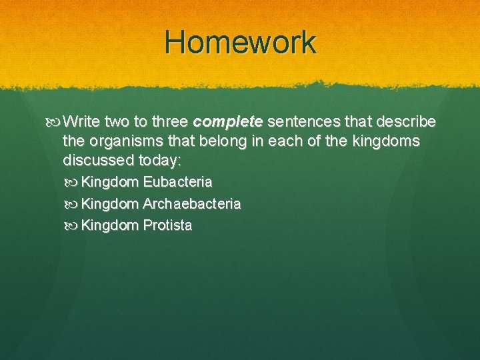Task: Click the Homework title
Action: pyautogui.click(x=240, y=42)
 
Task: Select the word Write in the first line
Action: pyautogui.click(x=82, y=122)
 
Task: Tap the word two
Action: pyautogui.click(x=117, y=122)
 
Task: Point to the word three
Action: pyautogui.click(x=169, y=122)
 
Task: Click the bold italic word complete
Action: pyautogui.click(x=228, y=123)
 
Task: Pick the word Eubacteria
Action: pyautogui.click(x=177, y=182)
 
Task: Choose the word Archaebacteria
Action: pyautogui.click(x=192, y=204)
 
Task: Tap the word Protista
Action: pyautogui.click(x=167, y=225)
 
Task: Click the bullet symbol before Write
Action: pyautogui.click(x=57, y=123)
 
